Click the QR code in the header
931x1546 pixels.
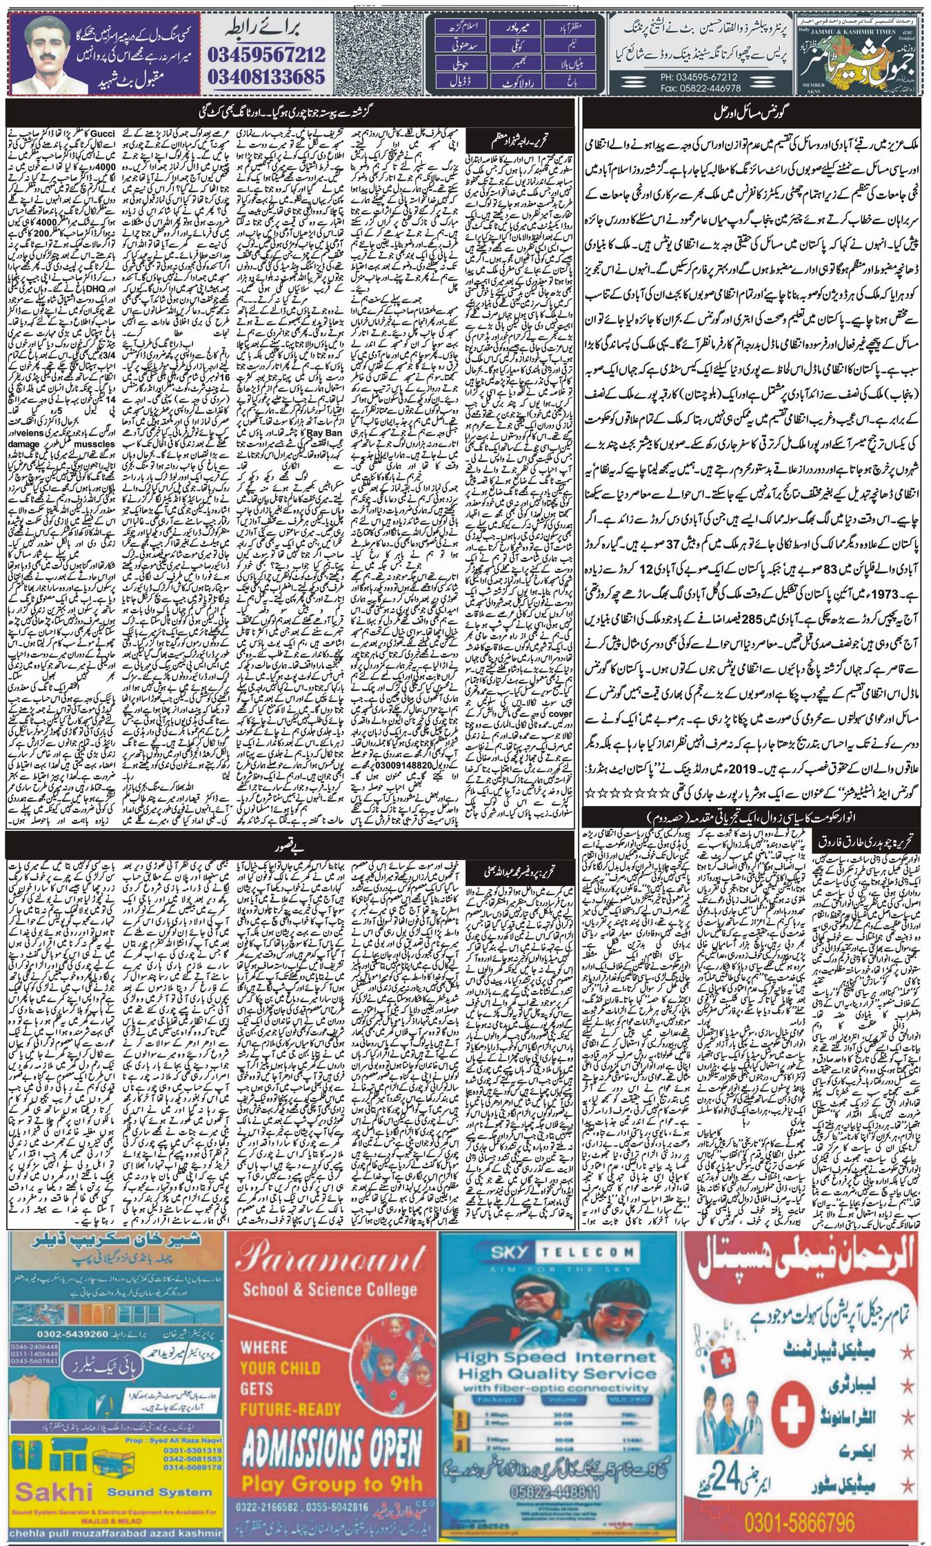click(x=389, y=54)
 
